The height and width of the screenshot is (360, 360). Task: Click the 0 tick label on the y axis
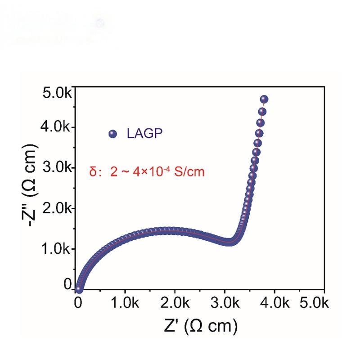[x=67, y=284]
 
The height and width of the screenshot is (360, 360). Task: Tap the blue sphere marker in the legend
[x=113, y=134]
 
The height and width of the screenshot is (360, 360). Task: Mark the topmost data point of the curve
[x=264, y=99]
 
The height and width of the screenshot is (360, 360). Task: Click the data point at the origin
[x=79, y=288]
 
